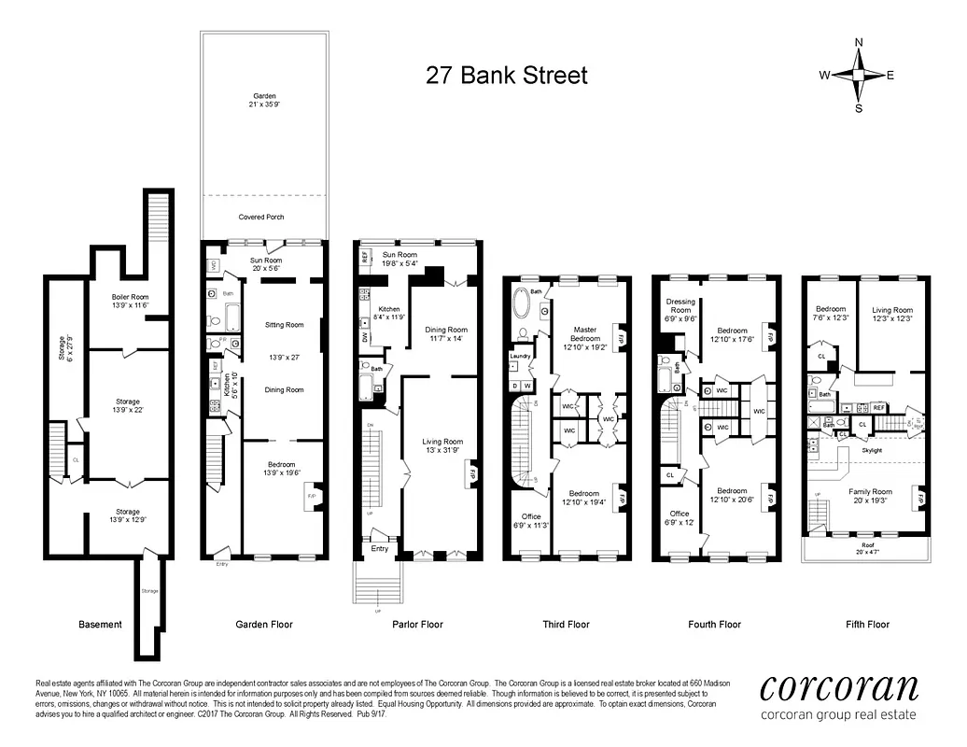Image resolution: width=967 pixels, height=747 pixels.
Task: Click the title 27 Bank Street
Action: [507, 75]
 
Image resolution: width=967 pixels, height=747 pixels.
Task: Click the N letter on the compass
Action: [859, 42]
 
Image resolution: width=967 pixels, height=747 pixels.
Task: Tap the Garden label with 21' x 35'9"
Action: [264, 101]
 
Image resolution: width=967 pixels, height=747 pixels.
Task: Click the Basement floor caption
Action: [100, 625]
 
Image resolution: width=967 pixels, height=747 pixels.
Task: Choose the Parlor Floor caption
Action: [417, 625]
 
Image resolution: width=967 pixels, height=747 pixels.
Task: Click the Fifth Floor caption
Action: [866, 625]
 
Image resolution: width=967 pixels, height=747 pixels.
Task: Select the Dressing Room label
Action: [680, 305]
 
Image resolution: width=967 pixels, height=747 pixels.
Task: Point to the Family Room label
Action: [870, 491]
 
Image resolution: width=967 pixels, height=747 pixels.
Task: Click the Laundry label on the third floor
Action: [520, 356]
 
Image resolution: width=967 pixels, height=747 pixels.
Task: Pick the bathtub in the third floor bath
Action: [522, 304]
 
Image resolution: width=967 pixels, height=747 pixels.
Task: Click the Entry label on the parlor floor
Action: [380, 548]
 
